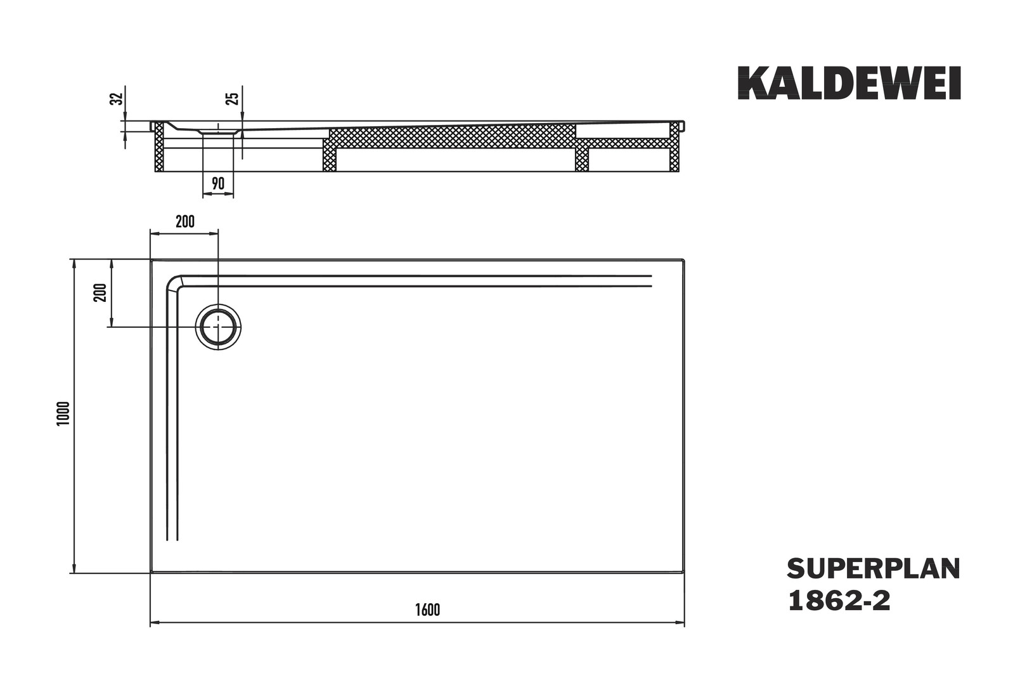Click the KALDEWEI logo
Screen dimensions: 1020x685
[x=849, y=83]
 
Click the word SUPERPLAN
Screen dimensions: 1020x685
[x=874, y=569]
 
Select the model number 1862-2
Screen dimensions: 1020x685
[x=839, y=601]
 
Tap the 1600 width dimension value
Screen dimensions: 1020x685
[x=427, y=610]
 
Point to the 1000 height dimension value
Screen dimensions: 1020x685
[x=63, y=414]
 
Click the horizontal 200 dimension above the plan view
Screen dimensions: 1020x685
[x=185, y=221]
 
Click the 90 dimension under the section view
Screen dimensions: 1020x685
[x=218, y=183]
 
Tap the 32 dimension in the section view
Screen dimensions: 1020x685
[x=117, y=98]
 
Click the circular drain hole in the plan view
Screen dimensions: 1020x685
[x=218, y=327]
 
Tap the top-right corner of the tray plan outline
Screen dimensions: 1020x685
[x=683, y=260]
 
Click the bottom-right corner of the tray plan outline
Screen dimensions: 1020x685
[x=683, y=572]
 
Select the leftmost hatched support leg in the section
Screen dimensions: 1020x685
[x=159, y=147]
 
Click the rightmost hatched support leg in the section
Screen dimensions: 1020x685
[x=675, y=147]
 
